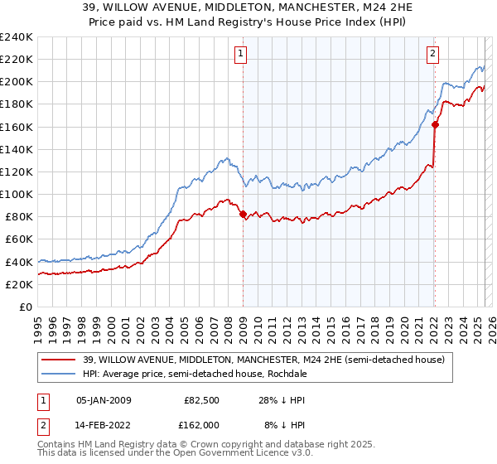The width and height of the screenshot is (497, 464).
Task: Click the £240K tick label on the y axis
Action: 16,37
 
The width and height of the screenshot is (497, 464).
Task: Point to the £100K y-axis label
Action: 16,194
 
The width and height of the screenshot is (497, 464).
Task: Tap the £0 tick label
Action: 25,307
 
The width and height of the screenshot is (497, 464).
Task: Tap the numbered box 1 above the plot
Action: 241,55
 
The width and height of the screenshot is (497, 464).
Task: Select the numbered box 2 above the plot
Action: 432,55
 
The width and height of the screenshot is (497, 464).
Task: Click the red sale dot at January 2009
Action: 243,214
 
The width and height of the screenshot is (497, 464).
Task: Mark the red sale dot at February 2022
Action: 434,125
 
